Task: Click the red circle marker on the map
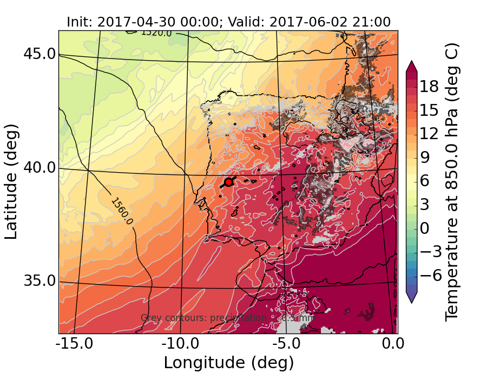[228, 182]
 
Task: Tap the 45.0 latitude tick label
[38, 54]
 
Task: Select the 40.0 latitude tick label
[38, 167]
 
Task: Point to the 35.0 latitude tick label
[38, 281]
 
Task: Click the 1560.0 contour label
[121, 211]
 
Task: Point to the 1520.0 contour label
[156, 33]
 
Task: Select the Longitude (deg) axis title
[228, 362]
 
